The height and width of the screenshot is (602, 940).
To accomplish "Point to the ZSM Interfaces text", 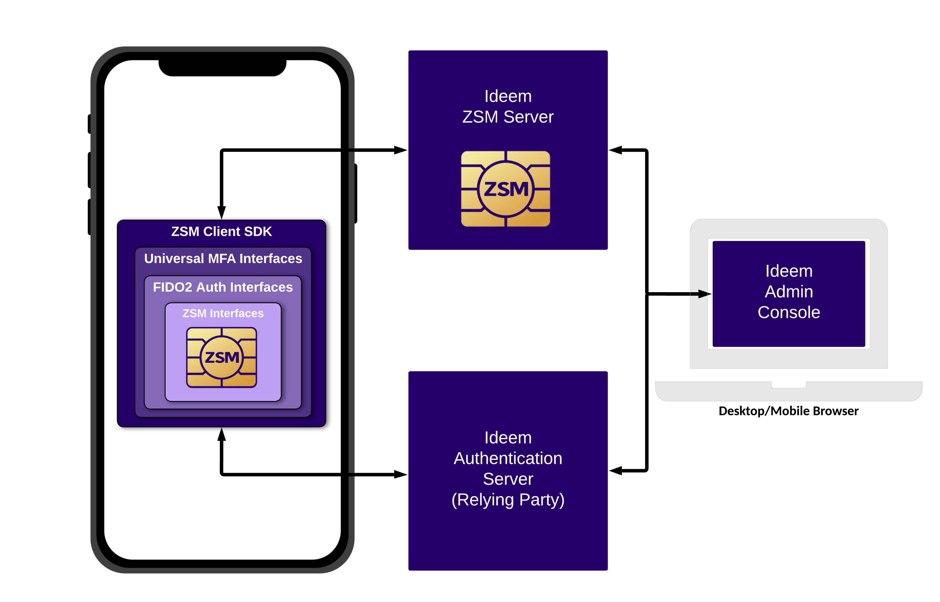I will pyautogui.click(x=223, y=313).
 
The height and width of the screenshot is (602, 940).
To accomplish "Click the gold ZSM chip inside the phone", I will pyautogui.click(x=222, y=357).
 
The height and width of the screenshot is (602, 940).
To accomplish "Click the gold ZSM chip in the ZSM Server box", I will pyautogui.click(x=506, y=189).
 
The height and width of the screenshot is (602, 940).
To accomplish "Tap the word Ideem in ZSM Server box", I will pyautogui.click(x=508, y=96).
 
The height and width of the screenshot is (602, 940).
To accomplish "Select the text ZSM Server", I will pyautogui.click(x=508, y=117).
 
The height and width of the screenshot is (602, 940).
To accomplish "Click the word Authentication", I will pyautogui.click(x=508, y=458).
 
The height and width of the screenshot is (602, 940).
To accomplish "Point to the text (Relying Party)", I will pyautogui.click(x=508, y=500).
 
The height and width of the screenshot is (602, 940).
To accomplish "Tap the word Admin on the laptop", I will pyautogui.click(x=789, y=292).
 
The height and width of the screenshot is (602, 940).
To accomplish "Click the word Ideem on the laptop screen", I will pyautogui.click(x=789, y=271).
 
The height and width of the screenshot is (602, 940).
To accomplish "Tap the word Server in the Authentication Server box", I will pyautogui.click(x=508, y=479).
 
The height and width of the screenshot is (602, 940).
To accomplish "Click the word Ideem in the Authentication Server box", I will pyautogui.click(x=508, y=437).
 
